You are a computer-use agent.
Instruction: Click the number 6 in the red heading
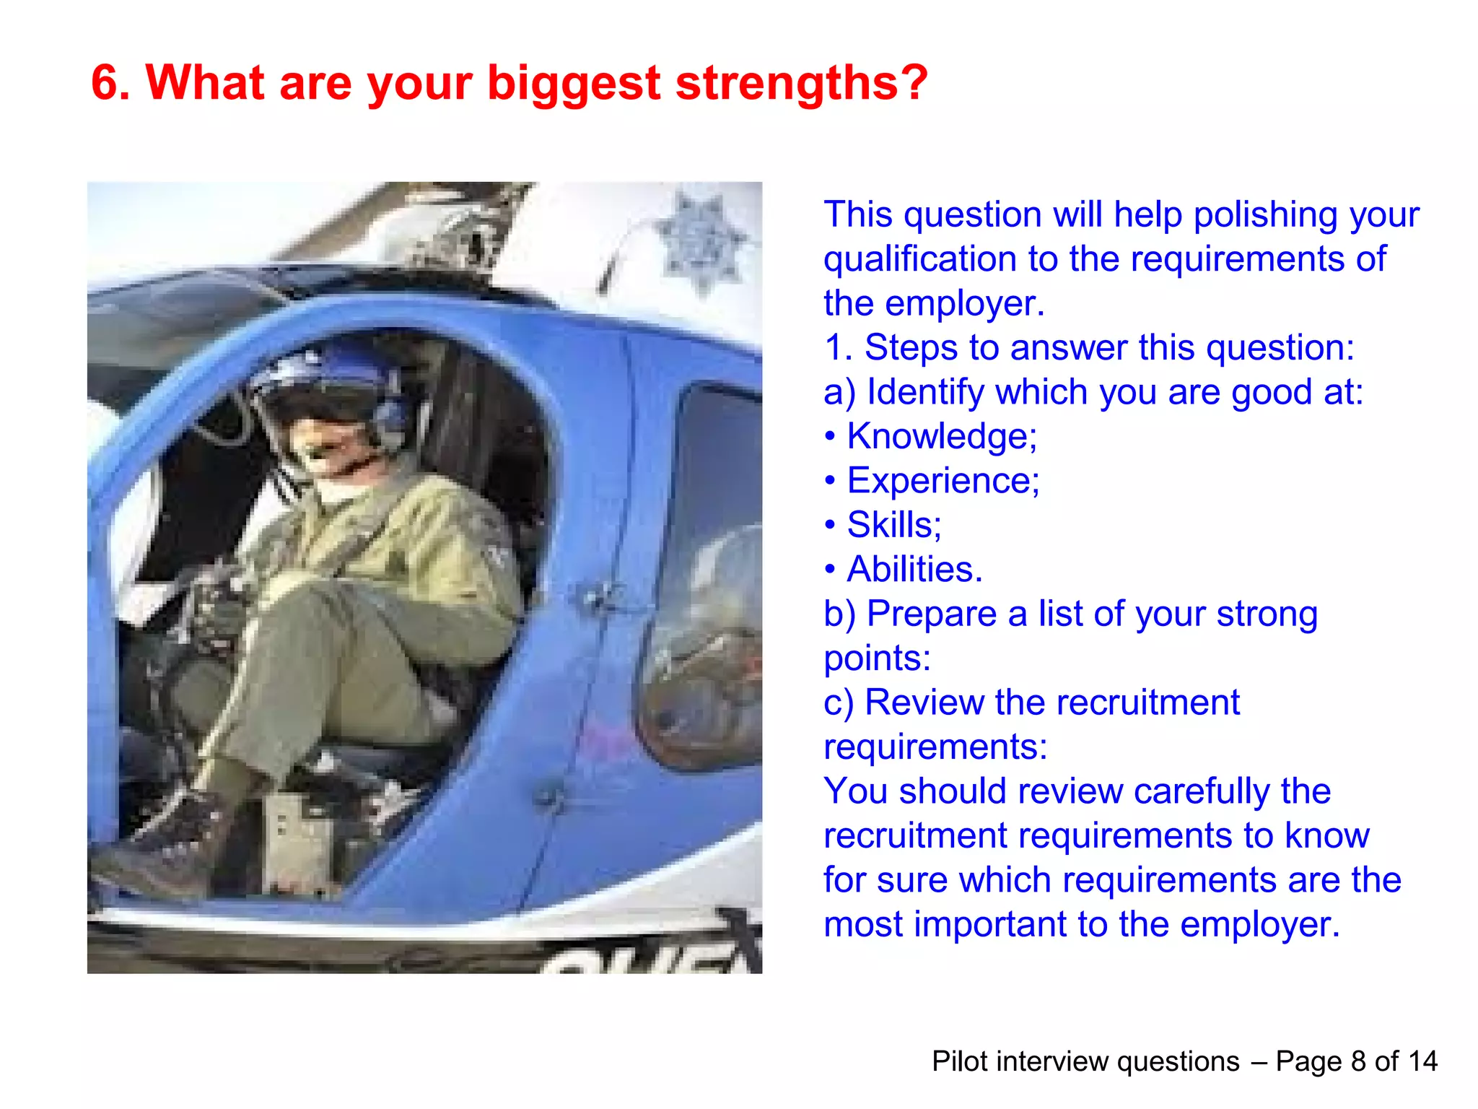(x=105, y=82)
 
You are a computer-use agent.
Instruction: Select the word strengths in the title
(x=801, y=82)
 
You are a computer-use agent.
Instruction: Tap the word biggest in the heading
(x=574, y=84)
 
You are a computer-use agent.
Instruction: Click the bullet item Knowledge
(x=941, y=436)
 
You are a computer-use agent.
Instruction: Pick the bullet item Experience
(x=943, y=480)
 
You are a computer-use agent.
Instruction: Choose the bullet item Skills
(x=893, y=525)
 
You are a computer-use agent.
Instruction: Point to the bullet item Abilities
(x=914, y=569)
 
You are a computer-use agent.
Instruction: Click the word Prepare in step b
(x=932, y=614)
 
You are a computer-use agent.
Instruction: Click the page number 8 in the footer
(x=1358, y=1061)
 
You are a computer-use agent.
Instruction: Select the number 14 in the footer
(x=1422, y=1061)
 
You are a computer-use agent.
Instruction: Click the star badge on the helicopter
(x=700, y=242)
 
